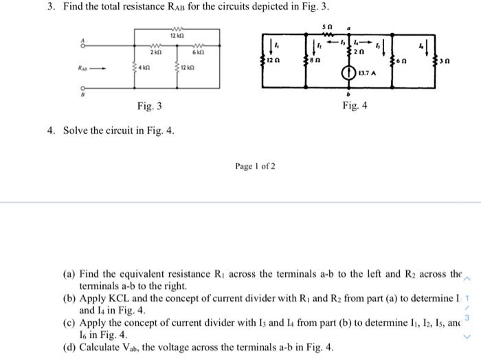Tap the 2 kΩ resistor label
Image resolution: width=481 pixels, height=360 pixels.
(157, 52)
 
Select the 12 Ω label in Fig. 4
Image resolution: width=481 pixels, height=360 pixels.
(276, 62)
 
